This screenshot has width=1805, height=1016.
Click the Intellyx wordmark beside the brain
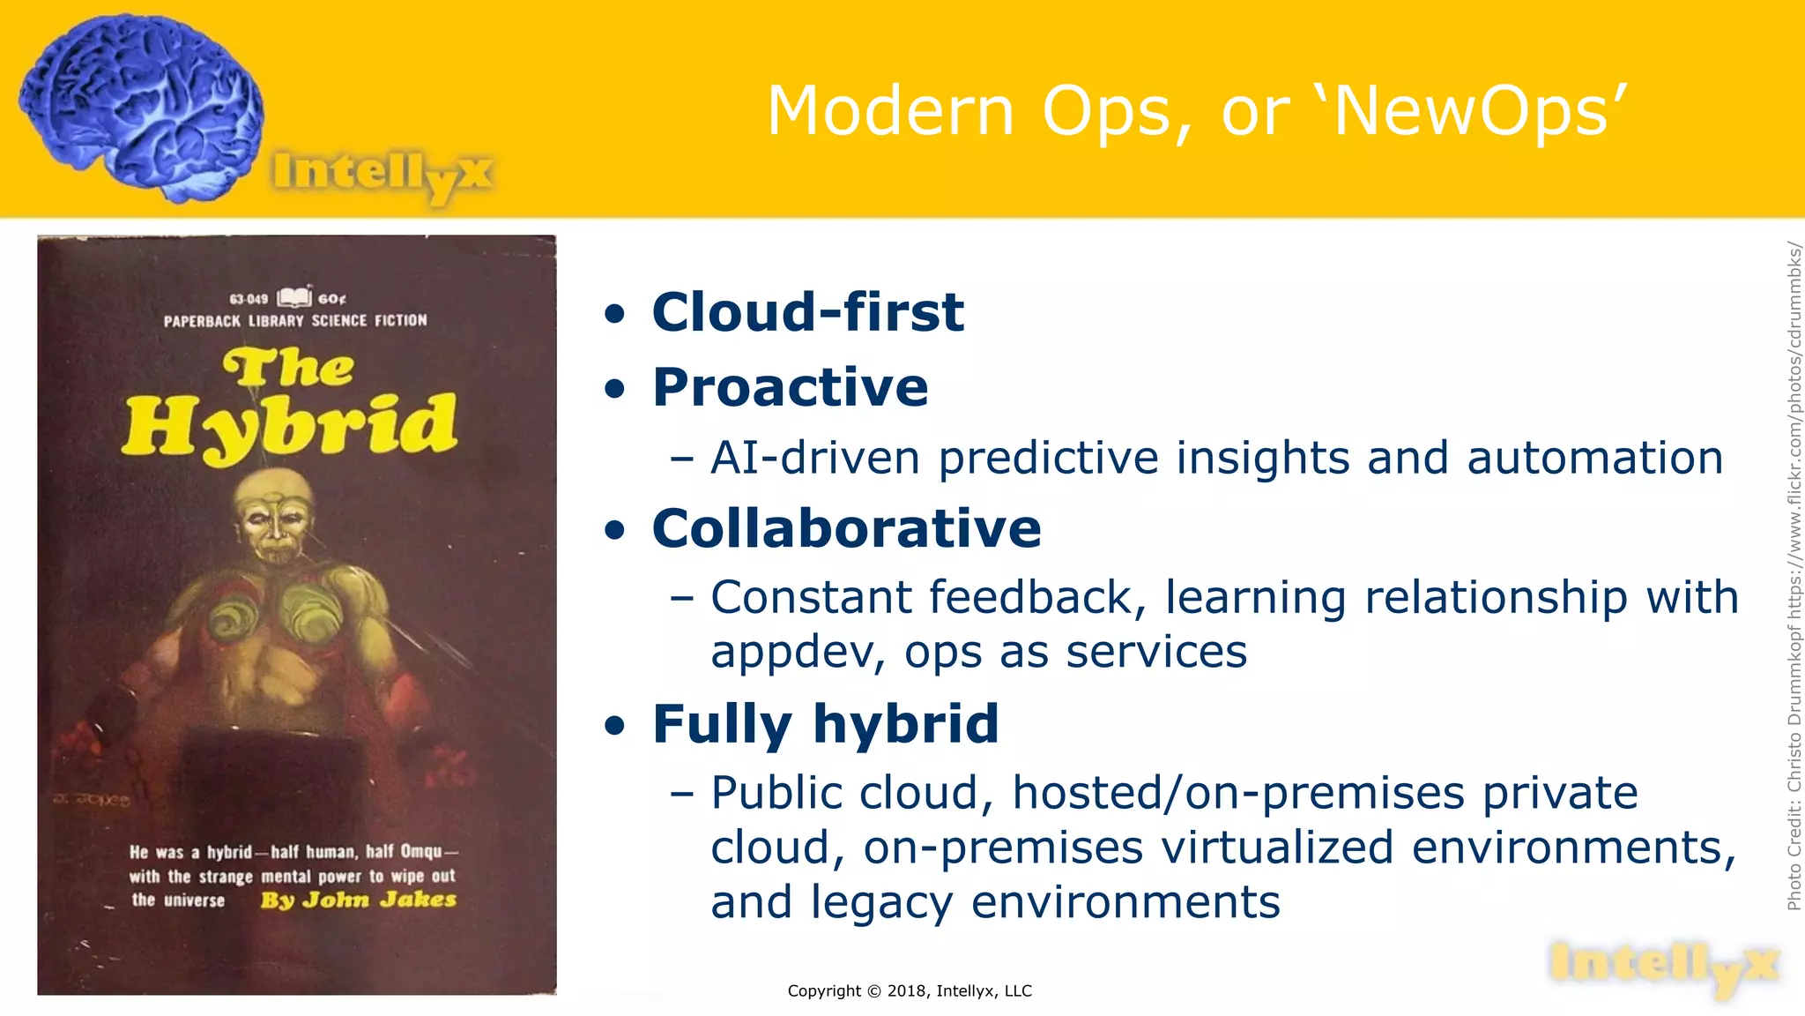point(381,174)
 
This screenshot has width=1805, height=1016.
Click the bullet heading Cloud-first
point(807,312)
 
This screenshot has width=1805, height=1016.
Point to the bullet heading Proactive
point(790,387)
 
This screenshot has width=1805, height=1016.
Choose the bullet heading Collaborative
point(846,529)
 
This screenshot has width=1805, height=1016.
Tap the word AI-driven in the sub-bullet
point(815,458)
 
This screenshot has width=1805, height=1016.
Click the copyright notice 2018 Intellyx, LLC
point(909,990)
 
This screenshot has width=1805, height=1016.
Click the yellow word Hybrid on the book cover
point(291,426)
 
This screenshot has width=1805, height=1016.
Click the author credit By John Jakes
point(358,900)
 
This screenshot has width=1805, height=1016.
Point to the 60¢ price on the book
point(331,299)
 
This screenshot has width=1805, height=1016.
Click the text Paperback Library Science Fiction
point(295,320)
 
